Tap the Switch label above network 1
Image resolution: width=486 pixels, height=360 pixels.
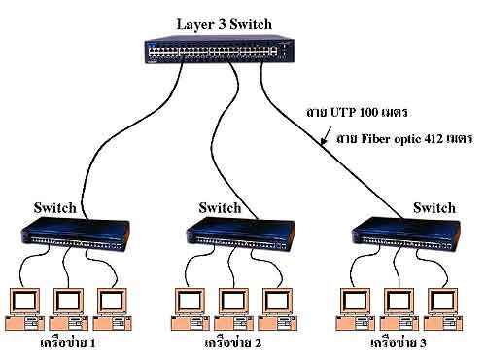tap(54, 207)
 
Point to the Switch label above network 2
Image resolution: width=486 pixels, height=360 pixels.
tap(220, 207)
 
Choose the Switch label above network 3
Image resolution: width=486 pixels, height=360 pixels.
tap(434, 207)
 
